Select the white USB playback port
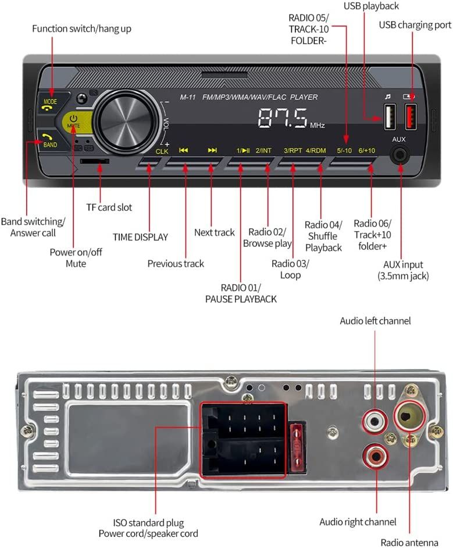[x=390, y=116]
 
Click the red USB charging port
[x=411, y=116]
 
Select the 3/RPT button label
[x=293, y=150]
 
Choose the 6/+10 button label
[x=367, y=150]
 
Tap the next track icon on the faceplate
[x=212, y=150]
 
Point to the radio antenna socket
[x=411, y=414]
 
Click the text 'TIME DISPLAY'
[x=140, y=237]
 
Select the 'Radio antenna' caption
[x=409, y=542]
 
